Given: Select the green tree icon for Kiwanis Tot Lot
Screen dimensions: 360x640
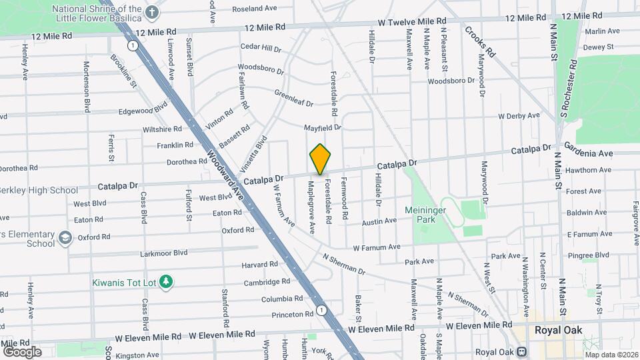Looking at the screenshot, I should [x=167, y=283].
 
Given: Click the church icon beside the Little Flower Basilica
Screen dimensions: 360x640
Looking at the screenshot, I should [x=152, y=13].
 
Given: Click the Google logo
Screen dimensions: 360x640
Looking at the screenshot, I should [x=22, y=351].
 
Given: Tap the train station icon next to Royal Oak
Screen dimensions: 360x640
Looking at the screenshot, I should [x=522, y=351].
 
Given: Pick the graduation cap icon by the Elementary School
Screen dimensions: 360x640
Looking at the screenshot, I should [x=65, y=237].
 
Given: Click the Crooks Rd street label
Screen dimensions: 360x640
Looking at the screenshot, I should [x=481, y=41].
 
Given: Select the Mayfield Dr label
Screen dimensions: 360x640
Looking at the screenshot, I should [x=323, y=127].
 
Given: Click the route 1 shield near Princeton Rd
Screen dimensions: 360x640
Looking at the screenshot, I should [x=321, y=310].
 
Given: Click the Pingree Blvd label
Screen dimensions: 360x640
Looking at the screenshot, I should [x=588, y=255].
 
